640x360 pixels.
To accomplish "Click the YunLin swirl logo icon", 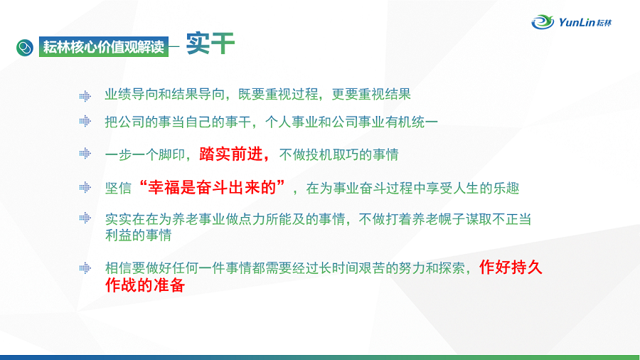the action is tap(543, 21).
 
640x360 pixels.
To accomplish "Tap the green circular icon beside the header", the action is tap(25, 48).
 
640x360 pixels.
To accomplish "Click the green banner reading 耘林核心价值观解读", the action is tap(104, 47).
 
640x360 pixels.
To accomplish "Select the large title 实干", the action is tap(210, 43).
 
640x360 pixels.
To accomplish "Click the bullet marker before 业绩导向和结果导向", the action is tap(85, 96).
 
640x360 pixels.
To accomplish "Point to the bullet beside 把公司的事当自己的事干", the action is tap(85, 121).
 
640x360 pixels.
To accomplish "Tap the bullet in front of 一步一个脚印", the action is tap(85, 154).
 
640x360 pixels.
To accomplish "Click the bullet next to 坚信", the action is tap(85, 187).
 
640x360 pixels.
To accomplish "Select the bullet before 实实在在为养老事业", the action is tap(85, 218).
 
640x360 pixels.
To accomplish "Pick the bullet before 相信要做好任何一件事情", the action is tap(85, 268).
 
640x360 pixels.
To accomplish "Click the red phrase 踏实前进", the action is tap(230, 154).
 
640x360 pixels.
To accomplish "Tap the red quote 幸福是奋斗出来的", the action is tap(212, 187).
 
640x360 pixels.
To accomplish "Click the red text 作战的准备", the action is tap(145, 285).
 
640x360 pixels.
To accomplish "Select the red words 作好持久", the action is tap(511, 268).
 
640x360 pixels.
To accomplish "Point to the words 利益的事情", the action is tap(139, 235).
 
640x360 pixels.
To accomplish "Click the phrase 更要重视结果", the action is tap(371, 95).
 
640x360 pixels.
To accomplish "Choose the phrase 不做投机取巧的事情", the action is tap(338, 154).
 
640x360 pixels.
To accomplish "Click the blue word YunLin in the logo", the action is tap(576, 22).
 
